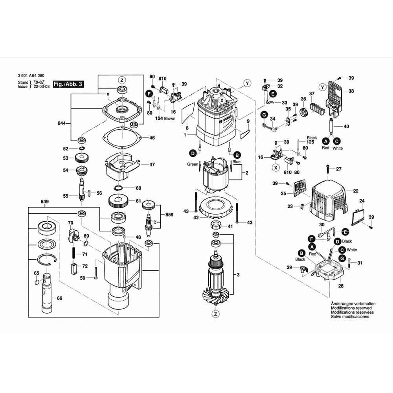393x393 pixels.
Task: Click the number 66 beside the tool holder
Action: coord(59,298)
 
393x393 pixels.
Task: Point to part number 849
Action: coord(44,202)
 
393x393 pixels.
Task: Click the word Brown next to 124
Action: coord(170,118)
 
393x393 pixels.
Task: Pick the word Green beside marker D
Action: coord(193,164)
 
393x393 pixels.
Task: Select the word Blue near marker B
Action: coord(236,162)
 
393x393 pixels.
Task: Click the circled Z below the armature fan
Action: coord(215,314)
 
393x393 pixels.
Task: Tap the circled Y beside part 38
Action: coord(322,86)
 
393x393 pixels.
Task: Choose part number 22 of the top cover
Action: coord(355,191)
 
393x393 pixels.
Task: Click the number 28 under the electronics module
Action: coord(341,286)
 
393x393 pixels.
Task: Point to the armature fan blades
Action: coord(214,295)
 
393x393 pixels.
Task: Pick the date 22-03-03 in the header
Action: coord(41,86)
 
